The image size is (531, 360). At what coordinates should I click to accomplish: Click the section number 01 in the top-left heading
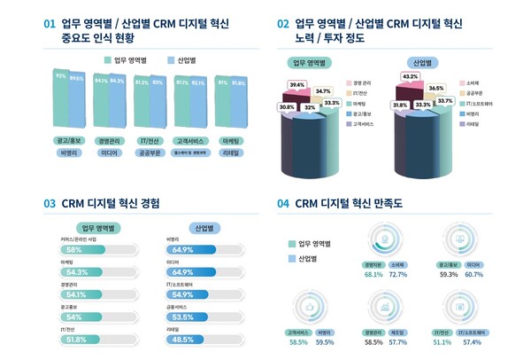tap(50, 25)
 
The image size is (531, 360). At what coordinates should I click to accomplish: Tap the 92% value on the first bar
tap(61, 76)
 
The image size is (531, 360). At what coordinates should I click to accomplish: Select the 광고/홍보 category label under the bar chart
tap(69, 139)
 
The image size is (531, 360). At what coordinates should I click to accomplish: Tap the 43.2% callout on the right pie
tap(411, 77)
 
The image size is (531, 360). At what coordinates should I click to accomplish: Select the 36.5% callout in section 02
tap(435, 90)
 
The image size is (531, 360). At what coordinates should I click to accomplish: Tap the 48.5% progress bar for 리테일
tap(204, 339)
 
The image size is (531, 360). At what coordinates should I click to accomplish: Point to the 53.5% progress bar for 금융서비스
tap(204, 316)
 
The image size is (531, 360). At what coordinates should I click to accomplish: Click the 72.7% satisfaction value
tap(398, 275)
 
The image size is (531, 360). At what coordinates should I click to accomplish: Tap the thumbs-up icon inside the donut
tap(310, 307)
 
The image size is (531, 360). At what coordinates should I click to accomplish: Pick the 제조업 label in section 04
tap(399, 331)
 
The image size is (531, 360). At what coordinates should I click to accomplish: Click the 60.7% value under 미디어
tap(473, 275)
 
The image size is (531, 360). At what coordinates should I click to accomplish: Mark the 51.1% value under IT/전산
tap(442, 341)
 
